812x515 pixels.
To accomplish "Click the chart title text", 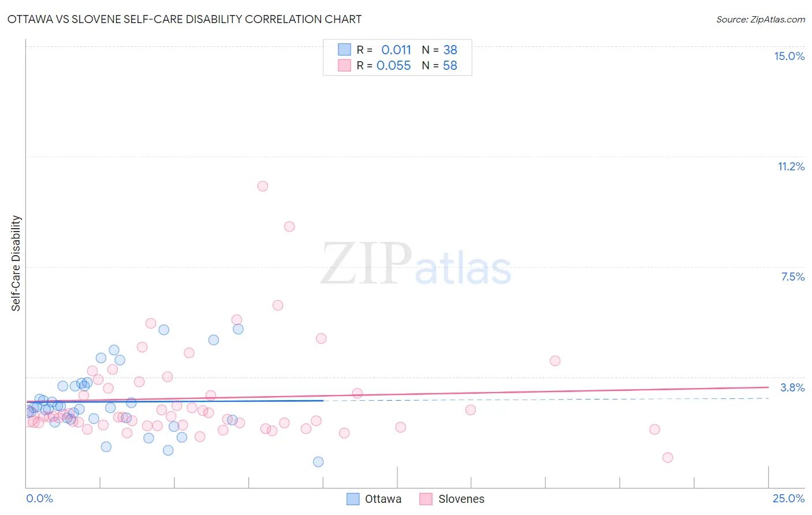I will click(x=184, y=19).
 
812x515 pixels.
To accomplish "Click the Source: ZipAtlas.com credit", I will click(x=760, y=19).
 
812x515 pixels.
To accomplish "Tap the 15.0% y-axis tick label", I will click(x=789, y=56).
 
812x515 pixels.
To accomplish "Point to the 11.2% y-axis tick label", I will click(x=791, y=166).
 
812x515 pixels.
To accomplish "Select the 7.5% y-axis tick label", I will click(x=792, y=277).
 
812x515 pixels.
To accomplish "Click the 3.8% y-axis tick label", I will click(x=792, y=387).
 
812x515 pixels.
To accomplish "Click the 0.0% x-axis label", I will click(x=39, y=498).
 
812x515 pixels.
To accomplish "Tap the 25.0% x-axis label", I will click(x=788, y=498).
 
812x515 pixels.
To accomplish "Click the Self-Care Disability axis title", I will click(x=16, y=263).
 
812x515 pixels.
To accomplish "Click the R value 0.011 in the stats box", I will click(x=396, y=50).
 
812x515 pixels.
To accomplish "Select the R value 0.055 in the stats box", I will click(x=393, y=65).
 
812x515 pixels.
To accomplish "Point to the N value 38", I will click(x=450, y=50).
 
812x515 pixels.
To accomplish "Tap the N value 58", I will click(x=450, y=65).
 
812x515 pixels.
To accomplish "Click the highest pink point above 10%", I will click(x=263, y=186).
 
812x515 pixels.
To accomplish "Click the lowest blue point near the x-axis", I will click(x=318, y=462).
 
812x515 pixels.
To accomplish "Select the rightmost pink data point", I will click(x=668, y=457).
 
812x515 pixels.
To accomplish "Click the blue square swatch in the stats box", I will click(x=344, y=50).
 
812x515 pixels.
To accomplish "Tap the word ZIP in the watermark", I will click(x=366, y=264).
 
